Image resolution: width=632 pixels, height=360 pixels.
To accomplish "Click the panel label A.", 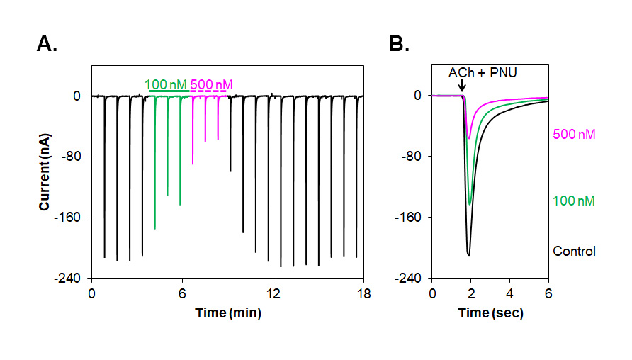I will point(47,45).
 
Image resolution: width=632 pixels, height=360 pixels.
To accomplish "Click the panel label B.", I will point(400,45).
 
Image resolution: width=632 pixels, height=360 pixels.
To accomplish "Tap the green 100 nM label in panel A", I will point(166,84).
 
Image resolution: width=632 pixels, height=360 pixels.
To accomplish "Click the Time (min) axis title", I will point(227,313).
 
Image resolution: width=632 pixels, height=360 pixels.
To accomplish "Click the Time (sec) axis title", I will point(490,313).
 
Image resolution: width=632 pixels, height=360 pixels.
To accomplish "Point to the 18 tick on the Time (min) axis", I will point(363,293).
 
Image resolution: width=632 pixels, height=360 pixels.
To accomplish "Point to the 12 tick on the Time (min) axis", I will point(272,293).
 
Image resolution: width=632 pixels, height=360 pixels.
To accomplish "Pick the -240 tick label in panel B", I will point(411,279).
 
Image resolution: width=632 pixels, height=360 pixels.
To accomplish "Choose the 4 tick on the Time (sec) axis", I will point(509,293).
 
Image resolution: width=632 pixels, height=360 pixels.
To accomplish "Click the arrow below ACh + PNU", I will point(462,87).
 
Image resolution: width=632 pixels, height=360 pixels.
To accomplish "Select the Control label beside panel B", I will point(574,251).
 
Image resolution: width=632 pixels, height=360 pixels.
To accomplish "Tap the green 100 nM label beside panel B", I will point(573,201).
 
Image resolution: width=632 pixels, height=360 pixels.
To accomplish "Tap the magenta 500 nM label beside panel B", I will point(573,133).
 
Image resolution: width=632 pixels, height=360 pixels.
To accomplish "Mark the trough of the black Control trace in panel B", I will point(468,254).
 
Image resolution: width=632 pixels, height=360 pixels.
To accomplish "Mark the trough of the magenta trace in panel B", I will point(468,137).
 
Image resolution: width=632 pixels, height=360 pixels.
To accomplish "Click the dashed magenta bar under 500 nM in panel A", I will point(209,92).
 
